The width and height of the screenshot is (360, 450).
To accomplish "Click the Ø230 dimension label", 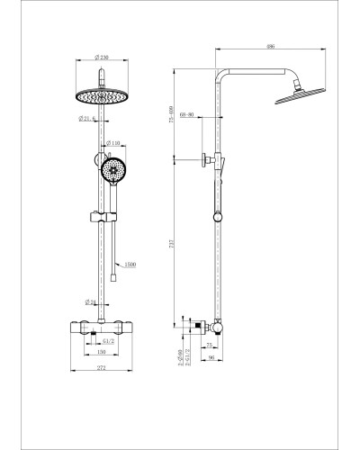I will pyautogui.click(x=106, y=58).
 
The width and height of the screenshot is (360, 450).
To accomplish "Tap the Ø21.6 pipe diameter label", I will pyautogui.click(x=88, y=119).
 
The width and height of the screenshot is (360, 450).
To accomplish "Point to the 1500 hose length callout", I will pyautogui.click(x=130, y=266).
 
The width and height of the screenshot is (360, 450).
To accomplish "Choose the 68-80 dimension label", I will pyautogui.click(x=188, y=115).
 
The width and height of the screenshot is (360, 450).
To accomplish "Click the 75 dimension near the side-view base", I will pyautogui.click(x=210, y=345).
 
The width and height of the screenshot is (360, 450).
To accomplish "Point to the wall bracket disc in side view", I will pyautogui.click(x=206, y=160).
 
